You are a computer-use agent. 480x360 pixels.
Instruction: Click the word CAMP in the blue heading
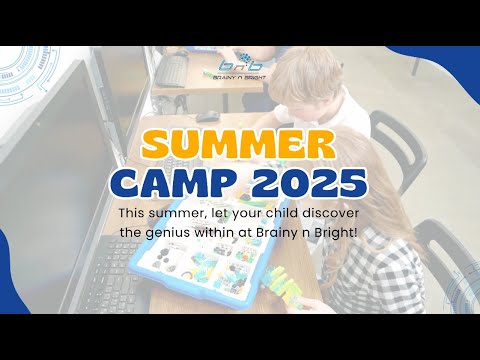click(182, 184)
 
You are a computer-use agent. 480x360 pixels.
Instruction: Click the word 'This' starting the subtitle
click(132, 214)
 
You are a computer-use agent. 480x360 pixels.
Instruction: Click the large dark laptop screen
click(50, 170)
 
